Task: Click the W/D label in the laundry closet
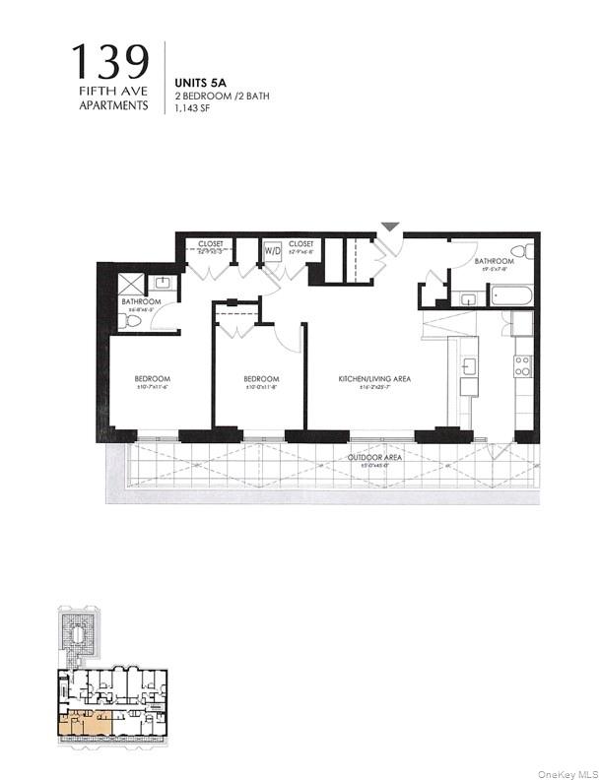[x=272, y=251]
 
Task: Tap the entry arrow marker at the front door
[x=391, y=227]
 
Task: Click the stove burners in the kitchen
[x=521, y=367]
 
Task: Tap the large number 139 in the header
[x=111, y=64]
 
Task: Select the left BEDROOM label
[x=153, y=379]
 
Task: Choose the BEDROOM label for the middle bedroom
[x=261, y=379]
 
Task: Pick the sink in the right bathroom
[x=468, y=297]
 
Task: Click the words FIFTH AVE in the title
[x=114, y=93]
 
